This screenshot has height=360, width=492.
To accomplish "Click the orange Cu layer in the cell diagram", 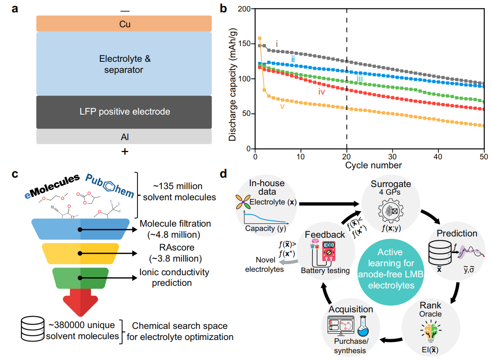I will pyautogui.click(x=124, y=24).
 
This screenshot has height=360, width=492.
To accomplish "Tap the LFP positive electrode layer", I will pyautogui.click(x=124, y=112).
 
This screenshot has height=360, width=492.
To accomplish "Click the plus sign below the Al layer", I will pyautogui.click(x=125, y=151).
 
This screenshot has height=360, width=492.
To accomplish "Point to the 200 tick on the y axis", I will pyautogui.click(x=244, y=9).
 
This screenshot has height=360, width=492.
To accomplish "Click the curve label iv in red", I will pyautogui.click(x=322, y=91).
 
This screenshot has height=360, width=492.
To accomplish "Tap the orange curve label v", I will pyautogui.click(x=282, y=106).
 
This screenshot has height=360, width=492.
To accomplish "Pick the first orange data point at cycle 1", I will pyautogui.click(x=260, y=38).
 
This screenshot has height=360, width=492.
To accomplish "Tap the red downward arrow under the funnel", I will pyautogui.click(x=80, y=300).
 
